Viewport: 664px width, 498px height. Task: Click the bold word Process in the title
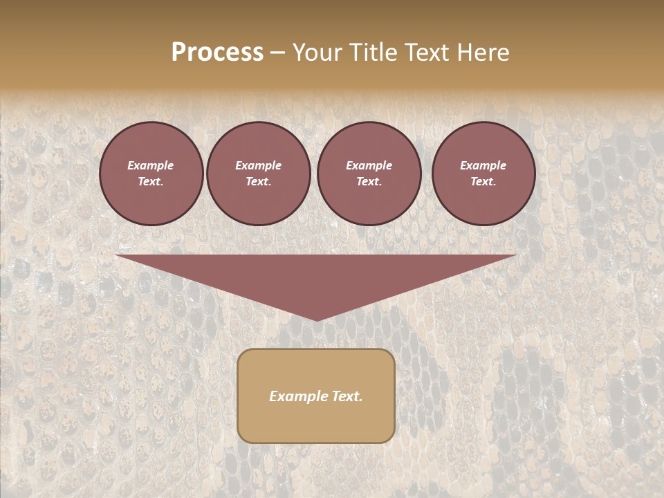[217, 53]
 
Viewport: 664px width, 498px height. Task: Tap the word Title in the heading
[370, 53]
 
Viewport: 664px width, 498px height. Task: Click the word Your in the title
[317, 53]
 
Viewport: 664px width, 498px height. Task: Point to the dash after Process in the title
[277, 53]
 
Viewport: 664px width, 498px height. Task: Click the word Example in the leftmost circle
[151, 165]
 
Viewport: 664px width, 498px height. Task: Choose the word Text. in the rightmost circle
[483, 182]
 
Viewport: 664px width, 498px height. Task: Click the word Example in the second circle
[258, 165]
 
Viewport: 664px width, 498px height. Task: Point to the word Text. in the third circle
[369, 182]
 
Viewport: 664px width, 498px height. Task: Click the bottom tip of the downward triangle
[316, 319]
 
